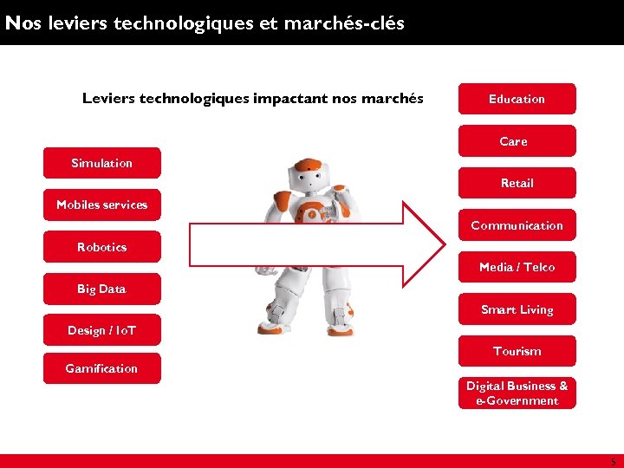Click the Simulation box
[101, 163]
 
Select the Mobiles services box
[101, 205]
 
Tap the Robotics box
[101, 247]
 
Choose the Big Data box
[101, 289]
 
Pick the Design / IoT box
[101, 330]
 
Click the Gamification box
[101, 368]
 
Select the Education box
[517, 99]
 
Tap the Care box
[517, 141]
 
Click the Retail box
[517, 183]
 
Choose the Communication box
[517, 225]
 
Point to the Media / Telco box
[517, 267]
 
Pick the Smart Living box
[517, 309]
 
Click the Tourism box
[517, 351]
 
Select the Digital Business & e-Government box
[517, 393]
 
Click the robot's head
[307, 177]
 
